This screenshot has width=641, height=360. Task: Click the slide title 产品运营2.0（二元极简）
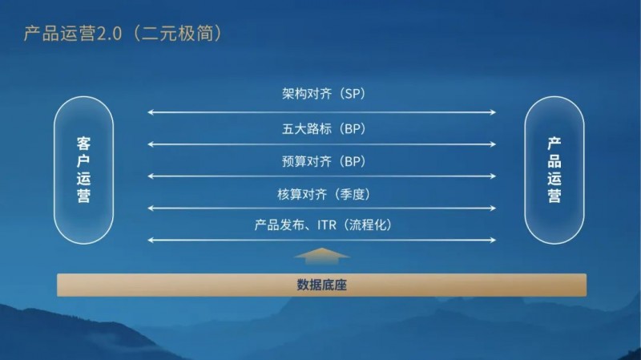[118, 34]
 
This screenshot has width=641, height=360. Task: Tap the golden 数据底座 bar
[321, 285]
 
